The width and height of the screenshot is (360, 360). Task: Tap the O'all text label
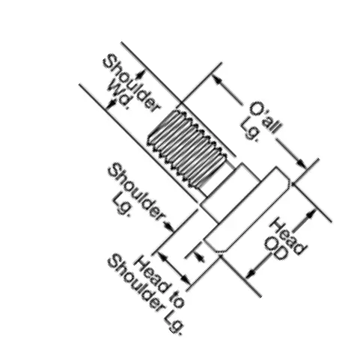(x=266, y=118)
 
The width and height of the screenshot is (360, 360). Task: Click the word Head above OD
(x=287, y=236)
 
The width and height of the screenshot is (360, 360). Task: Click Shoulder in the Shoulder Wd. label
(x=132, y=83)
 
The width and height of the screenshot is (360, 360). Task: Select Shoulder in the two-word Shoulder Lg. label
(x=137, y=192)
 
